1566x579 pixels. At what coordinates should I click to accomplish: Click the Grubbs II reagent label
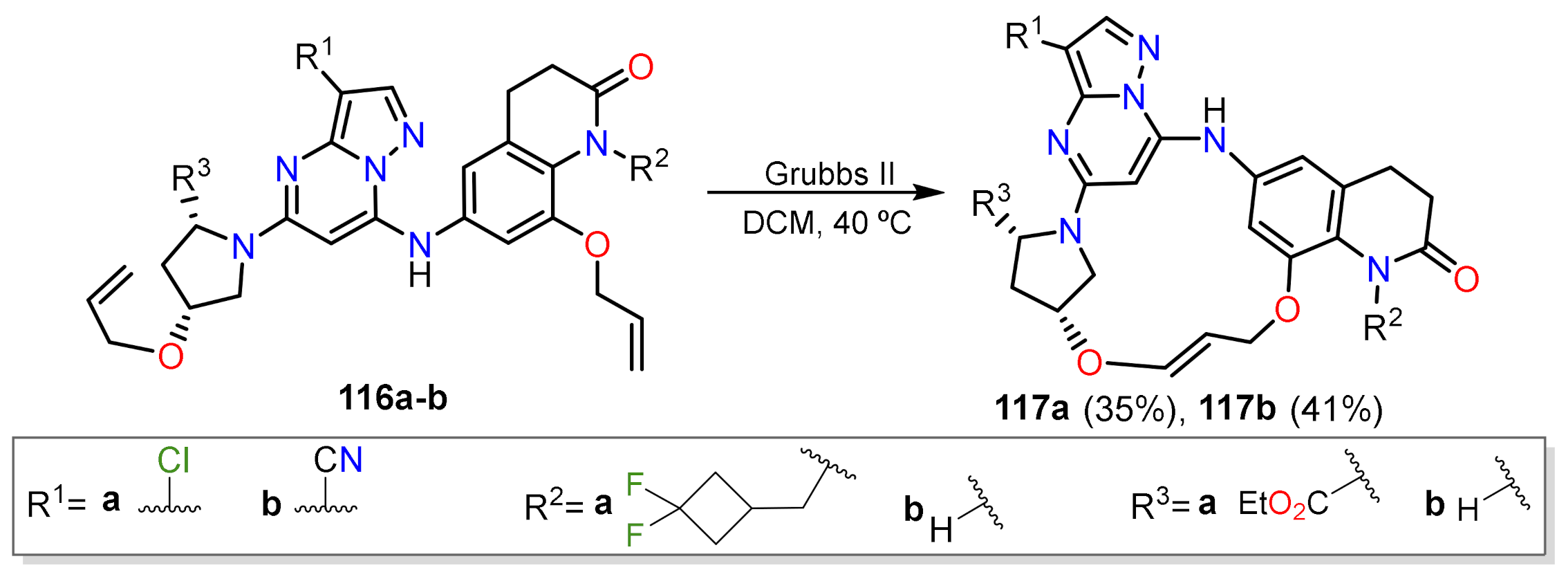(x=829, y=174)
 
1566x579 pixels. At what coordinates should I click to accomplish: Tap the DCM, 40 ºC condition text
(x=826, y=223)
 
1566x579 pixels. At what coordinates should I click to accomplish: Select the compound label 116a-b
(x=393, y=398)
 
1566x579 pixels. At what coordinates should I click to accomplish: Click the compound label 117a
(x=1031, y=409)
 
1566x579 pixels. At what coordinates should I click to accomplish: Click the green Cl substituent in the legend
(x=173, y=460)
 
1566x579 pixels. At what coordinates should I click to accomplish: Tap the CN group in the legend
(x=337, y=460)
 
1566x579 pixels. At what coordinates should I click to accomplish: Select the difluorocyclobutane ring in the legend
(x=715, y=508)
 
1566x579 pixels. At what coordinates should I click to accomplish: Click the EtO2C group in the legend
(x=1283, y=504)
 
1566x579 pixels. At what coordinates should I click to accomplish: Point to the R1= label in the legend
(x=55, y=504)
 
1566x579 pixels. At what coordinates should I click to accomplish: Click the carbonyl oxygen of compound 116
(x=641, y=67)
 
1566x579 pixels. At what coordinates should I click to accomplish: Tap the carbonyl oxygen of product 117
(x=1466, y=279)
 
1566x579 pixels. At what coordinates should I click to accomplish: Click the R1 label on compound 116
(x=313, y=55)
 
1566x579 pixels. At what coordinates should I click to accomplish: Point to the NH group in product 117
(x=1214, y=128)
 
